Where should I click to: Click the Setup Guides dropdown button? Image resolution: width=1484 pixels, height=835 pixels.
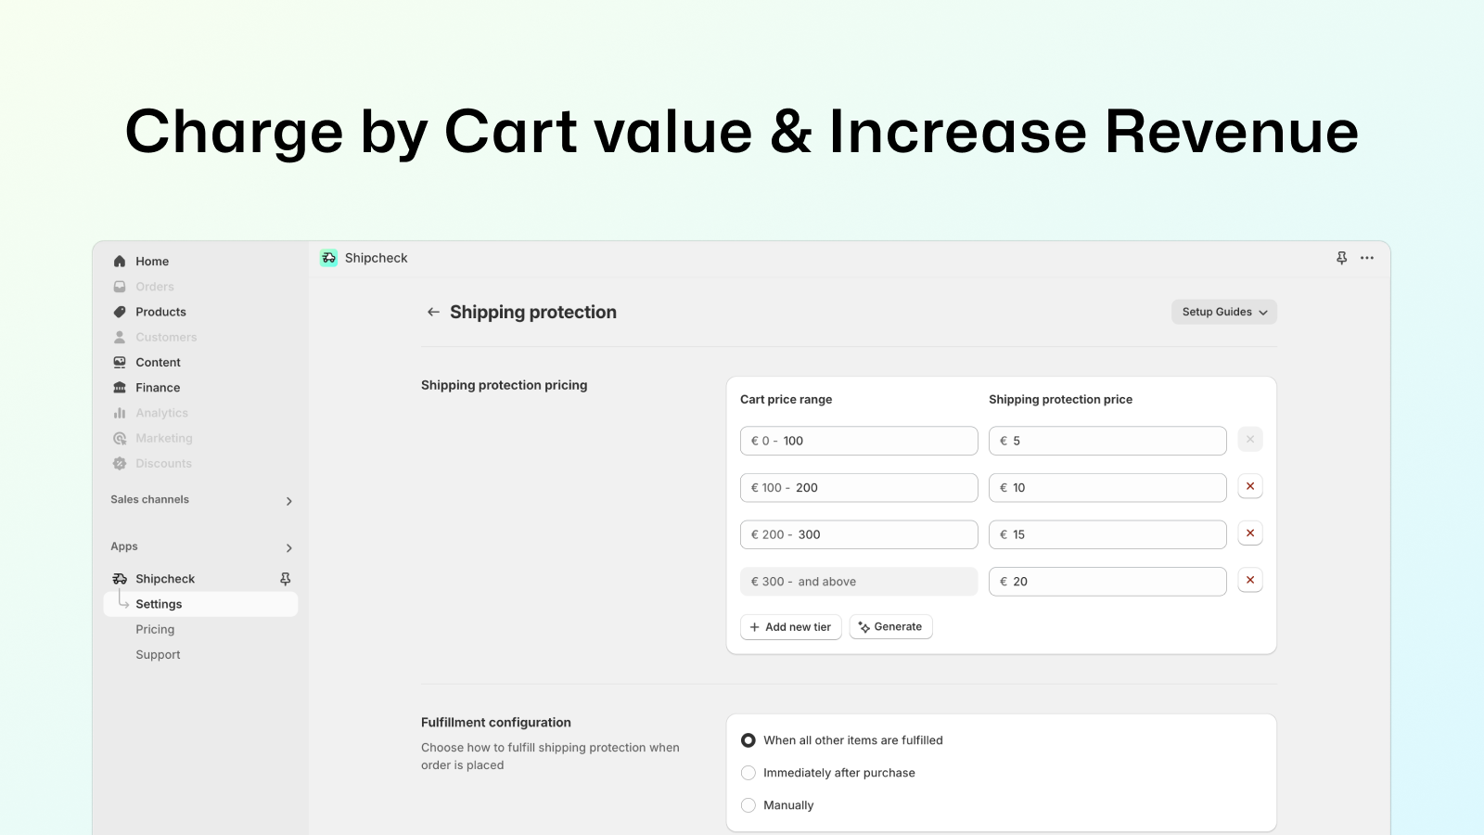click(1223, 312)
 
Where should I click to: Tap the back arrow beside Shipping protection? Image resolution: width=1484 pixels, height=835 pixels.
click(433, 312)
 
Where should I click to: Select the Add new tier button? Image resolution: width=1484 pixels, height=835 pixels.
click(790, 627)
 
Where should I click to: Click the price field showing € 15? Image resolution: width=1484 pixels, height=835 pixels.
click(1107, 534)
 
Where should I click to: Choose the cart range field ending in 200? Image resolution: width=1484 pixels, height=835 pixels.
click(859, 488)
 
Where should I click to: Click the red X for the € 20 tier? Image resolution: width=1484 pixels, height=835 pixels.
click(1250, 581)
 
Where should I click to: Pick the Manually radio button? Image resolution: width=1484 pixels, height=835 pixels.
click(748, 805)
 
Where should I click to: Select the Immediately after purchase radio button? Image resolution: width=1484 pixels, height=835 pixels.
click(748, 773)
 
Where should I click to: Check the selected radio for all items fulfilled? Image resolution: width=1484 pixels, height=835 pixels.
click(748, 740)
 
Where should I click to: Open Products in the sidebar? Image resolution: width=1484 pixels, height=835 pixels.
click(160, 312)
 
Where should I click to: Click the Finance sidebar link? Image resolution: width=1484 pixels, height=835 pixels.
click(158, 388)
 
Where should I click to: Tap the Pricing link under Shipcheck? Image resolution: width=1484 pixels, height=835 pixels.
click(155, 630)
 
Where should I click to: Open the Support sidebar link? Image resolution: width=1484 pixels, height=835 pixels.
click(158, 655)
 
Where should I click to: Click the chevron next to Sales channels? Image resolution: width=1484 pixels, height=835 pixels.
click(288, 501)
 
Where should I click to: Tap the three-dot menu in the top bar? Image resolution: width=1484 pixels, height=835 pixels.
click(1367, 258)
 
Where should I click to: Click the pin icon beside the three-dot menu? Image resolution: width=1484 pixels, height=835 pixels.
click(1341, 258)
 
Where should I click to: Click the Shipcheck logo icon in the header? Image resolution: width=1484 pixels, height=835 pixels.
click(328, 258)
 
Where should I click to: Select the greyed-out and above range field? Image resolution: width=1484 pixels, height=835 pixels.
click(859, 581)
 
